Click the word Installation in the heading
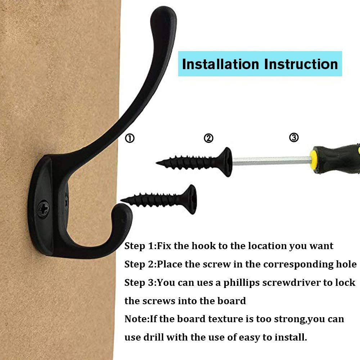220,64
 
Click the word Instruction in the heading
301,64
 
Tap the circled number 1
130,138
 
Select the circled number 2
208,138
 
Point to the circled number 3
294,137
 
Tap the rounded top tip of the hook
164,16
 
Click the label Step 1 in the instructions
139,246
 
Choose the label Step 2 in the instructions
139,264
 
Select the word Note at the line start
135,319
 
